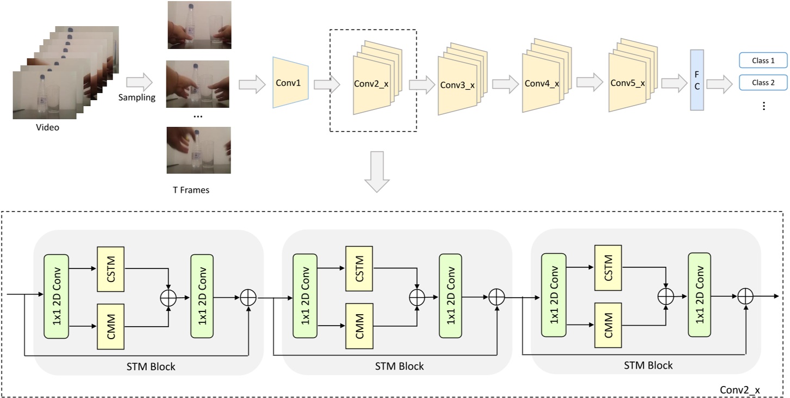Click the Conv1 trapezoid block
coord(290,82)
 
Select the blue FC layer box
coord(697,80)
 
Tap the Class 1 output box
coord(763,60)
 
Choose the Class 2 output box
coord(763,82)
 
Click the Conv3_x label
coord(457,85)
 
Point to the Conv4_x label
coord(542,83)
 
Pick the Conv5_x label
coord(628,83)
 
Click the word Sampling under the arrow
coord(137,97)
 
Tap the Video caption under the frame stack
coord(48,127)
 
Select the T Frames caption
coord(191,190)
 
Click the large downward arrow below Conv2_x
coord(377,172)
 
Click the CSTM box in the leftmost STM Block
coord(111,269)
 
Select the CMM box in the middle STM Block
coord(359,326)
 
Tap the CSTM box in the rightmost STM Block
coord(608,268)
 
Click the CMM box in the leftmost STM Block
coord(111,327)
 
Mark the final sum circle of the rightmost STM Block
coord(745,296)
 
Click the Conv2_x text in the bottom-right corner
coord(740,390)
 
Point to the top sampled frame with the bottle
coord(200,25)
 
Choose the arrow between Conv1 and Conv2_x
coord(327,84)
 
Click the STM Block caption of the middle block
coord(399,366)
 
